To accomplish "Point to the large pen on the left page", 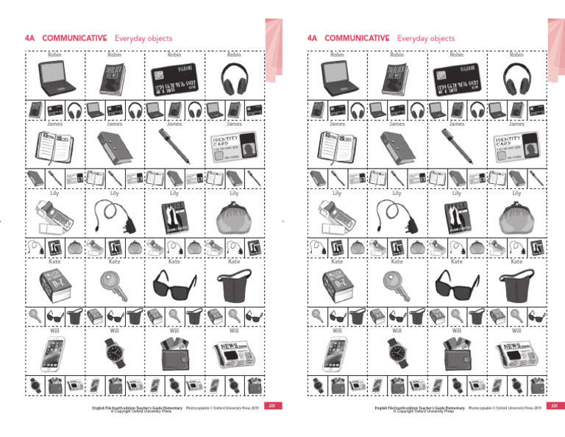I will [174, 145].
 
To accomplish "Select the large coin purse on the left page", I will [234, 216].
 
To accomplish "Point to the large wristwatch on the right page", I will [397, 354].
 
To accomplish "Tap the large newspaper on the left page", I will [234, 354].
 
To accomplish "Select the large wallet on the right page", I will [456, 354].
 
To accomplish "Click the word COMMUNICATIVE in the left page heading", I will [75, 38].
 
